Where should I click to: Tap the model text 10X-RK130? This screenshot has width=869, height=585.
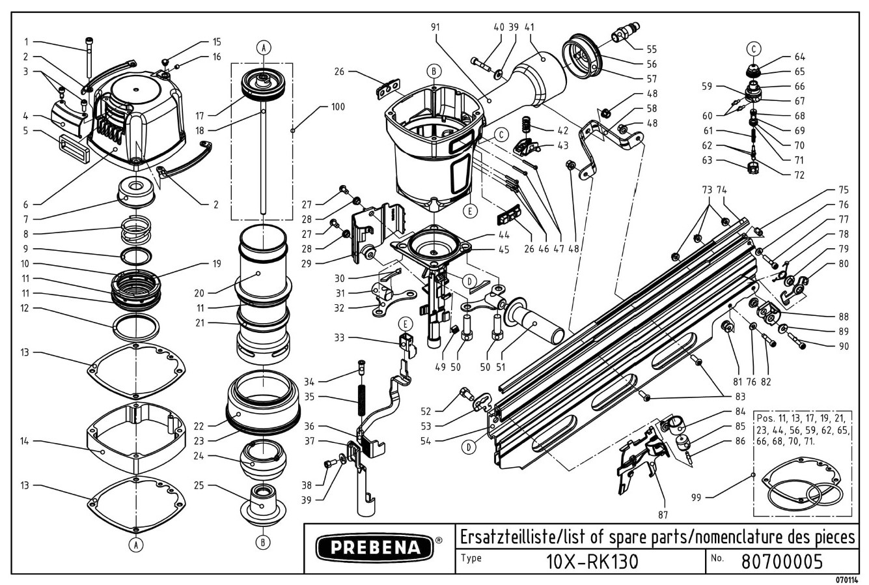[x=583, y=560]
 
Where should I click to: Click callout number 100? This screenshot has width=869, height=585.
[x=338, y=107]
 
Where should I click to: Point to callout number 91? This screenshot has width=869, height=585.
[x=436, y=27]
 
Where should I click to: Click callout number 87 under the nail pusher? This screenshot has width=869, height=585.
[x=663, y=515]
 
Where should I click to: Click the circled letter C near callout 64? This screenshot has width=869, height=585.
[x=753, y=48]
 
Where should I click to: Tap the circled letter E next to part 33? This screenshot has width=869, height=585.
[x=405, y=323]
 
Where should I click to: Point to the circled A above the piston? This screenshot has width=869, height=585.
[x=263, y=47]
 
